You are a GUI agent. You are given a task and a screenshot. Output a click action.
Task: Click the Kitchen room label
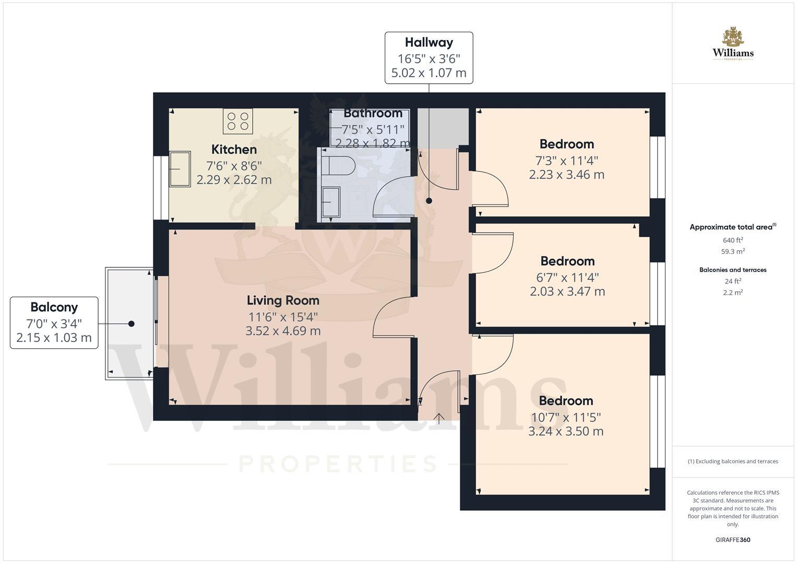point(234,150)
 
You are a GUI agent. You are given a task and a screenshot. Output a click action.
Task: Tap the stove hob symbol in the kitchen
point(238,121)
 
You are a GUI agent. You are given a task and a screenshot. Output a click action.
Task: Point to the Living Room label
point(283,300)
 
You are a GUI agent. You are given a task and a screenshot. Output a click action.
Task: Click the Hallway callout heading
point(429,42)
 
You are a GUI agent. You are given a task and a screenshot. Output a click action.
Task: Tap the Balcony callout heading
point(54,307)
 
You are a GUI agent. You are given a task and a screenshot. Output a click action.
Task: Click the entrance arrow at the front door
point(438,418)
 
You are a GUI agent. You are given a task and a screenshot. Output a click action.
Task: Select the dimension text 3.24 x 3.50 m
point(566,432)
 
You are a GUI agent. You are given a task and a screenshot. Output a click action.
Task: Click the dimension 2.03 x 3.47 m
point(567,291)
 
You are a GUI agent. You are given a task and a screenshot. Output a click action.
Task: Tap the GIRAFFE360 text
point(733,540)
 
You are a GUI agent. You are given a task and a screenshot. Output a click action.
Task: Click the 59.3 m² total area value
point(733,251)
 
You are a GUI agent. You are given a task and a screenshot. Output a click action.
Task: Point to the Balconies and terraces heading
point(733,270)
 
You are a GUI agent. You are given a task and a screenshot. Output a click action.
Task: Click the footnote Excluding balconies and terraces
point(733,461)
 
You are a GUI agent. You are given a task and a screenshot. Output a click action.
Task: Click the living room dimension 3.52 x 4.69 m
point(283,331)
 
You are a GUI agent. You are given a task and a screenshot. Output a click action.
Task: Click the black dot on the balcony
point(132,324)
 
